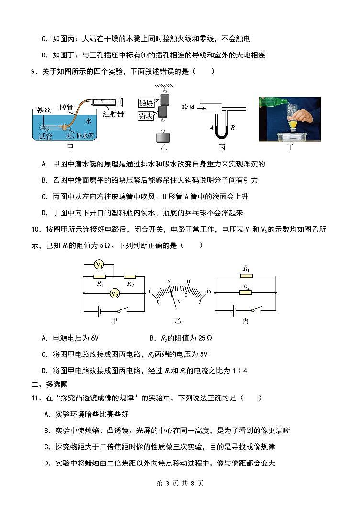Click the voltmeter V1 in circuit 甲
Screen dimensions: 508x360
(99, 265)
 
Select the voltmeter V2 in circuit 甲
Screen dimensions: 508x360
(115, 294)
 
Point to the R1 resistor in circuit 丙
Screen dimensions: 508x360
(246, 276)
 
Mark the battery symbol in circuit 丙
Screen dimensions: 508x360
(235, 310)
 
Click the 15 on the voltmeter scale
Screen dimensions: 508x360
(208, 292)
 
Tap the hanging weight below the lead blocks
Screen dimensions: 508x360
(160, 137)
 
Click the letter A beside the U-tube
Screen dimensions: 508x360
(211, 128)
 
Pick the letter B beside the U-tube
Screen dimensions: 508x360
(232, 128)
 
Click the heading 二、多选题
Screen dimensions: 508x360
(49, 384)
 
